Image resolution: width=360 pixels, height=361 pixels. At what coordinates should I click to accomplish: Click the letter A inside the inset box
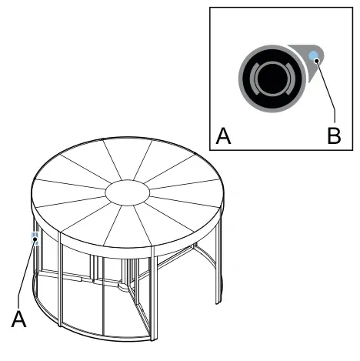[x=223, y=136]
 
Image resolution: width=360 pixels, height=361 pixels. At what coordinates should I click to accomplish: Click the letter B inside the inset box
[x=334, y=135]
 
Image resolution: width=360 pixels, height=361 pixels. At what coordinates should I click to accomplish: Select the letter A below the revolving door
[x=18, y=319]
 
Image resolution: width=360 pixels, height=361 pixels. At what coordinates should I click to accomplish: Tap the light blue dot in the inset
[x=313, y=55]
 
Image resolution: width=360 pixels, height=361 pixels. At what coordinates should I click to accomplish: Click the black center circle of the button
[x=272, y=79]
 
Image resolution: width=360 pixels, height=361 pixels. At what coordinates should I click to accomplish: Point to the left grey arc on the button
[x=253, y=79]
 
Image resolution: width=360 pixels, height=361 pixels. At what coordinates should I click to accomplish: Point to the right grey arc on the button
[x=292, y=79]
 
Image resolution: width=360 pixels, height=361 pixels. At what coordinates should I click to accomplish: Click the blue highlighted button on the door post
[x=35, y=239]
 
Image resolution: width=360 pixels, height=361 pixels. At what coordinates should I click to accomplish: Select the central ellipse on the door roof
[x=128, y=192]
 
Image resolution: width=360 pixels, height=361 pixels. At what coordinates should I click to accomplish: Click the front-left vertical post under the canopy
[x=60, y=279]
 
